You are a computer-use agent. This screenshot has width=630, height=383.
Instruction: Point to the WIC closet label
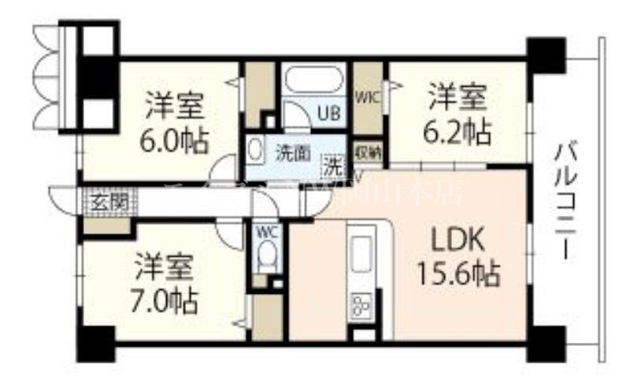(366, 98)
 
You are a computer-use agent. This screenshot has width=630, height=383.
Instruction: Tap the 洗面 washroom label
(291, 153)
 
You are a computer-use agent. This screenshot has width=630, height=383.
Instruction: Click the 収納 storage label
(368, 153)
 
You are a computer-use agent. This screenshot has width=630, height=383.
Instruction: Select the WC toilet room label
(265, 232)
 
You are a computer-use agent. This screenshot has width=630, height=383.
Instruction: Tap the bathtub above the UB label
(314, 82)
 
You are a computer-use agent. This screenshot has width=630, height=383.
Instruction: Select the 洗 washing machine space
(333, 166)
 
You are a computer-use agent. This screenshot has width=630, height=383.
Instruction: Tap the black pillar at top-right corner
(547, 54)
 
